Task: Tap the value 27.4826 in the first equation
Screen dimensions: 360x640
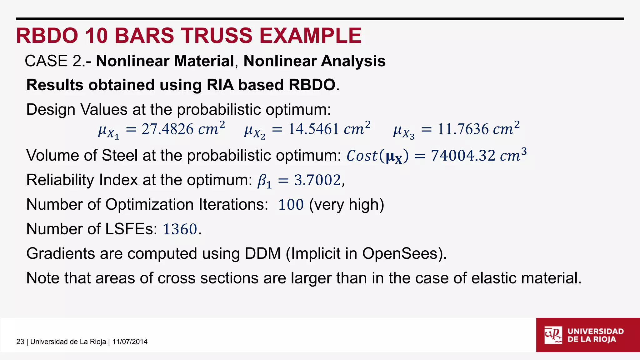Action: (167, 129)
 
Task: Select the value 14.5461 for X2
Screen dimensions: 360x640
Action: (313, 129)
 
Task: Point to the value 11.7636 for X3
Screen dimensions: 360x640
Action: (463, 129)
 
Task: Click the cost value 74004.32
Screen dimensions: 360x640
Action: (463, 156)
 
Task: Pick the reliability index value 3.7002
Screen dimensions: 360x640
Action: (317, 180)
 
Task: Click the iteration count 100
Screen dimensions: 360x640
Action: (291, 205)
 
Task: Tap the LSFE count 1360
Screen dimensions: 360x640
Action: (180, 229)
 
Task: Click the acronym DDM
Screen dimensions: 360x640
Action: (263, 253)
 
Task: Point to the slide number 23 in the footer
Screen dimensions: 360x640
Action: (20, 342)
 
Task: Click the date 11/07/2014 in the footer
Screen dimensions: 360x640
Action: (130, 342)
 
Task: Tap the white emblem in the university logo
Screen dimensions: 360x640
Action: (553, 335)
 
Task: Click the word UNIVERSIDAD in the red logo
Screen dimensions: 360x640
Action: (595, 331)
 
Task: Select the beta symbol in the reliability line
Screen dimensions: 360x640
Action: (263, 181)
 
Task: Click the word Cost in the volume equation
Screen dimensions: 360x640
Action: (362, 156)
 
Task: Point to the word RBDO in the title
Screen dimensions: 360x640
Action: (47, 35)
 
